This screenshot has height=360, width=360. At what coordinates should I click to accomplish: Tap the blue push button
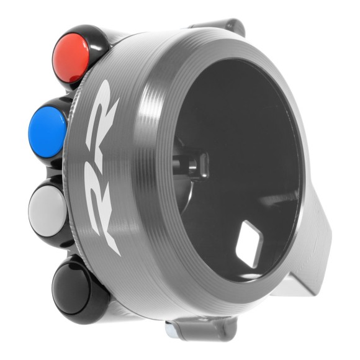(48, 126)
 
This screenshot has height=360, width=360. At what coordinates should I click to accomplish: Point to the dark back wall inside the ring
(248, 137)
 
